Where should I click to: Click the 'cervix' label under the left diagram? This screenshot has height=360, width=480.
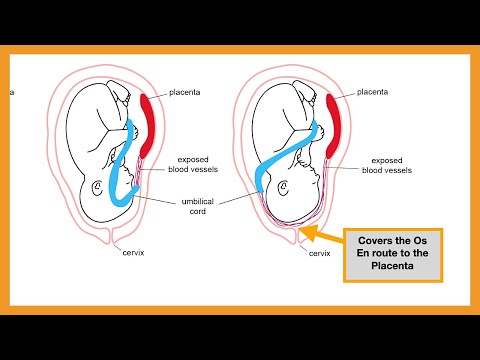coord(128,254)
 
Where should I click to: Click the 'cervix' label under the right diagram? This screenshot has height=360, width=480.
coord(320,254)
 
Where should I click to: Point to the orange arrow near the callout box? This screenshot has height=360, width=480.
coord(318,236)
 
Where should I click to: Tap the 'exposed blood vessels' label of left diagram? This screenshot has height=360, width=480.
coord(200,165)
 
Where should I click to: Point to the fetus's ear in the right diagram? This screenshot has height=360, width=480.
coord(282,186)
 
